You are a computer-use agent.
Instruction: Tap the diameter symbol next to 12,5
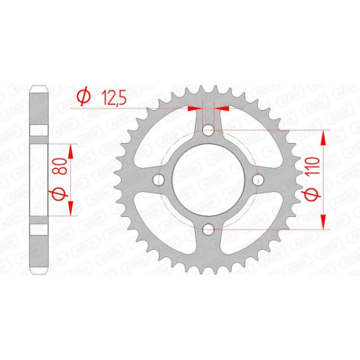82,96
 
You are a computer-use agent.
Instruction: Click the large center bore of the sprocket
208,180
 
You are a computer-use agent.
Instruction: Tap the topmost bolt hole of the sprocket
208,130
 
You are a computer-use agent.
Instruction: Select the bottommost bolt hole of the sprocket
208,230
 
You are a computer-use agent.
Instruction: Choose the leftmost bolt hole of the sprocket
159,180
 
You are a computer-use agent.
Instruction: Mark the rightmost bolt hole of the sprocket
258,180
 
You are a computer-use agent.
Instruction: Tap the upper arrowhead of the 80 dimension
71,149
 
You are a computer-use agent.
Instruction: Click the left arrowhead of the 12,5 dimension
197,108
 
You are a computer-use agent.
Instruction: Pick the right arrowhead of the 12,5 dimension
220,108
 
